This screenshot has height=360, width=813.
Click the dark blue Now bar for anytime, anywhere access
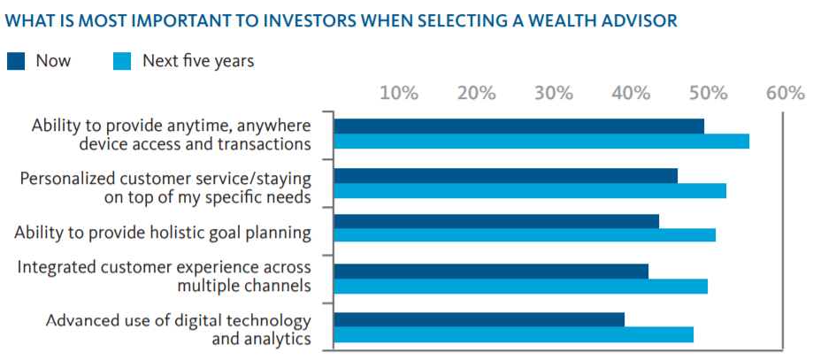tap(519, 126)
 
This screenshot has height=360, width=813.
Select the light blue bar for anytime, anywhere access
tap(541, 142)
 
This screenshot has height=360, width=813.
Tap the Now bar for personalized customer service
tap(505, 176)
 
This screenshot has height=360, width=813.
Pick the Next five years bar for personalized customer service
tap(530, 190)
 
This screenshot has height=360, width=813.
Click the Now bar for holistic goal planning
tap(496, 221)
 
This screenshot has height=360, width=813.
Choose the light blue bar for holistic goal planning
tap(525, 235)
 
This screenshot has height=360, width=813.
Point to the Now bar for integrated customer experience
tap(491, 272)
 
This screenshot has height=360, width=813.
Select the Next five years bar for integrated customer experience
tap(520, 287)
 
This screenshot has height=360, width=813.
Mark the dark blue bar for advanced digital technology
tap(479, 319)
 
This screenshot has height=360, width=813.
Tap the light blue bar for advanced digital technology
tap(514, 334)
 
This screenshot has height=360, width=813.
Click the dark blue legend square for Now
tap(16, 61)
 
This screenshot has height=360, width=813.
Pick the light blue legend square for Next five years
tap(122, 61)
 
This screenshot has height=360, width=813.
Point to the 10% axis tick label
tap(400, 94)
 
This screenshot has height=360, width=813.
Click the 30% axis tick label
tap(555, 94)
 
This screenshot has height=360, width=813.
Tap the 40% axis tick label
tap(632, 94)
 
